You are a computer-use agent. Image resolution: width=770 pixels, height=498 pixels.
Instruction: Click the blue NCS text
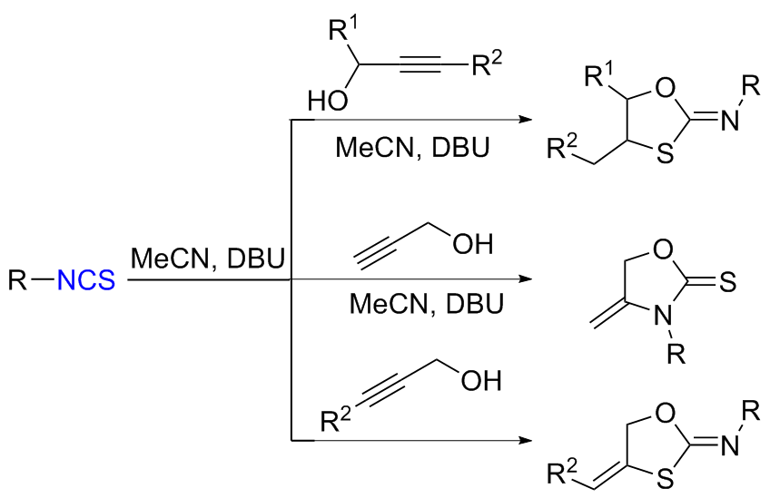point(86,281)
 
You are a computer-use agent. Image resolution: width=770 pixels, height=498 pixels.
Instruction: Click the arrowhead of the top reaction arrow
point(524,119)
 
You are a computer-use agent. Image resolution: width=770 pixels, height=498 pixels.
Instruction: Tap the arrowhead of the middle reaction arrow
point(524,280)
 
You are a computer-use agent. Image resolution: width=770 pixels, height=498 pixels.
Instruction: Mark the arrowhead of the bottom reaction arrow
point(524,442)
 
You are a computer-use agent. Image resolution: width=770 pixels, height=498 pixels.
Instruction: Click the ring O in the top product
point(665,87)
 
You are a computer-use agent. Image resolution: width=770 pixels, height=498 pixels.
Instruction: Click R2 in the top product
point(558,145)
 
